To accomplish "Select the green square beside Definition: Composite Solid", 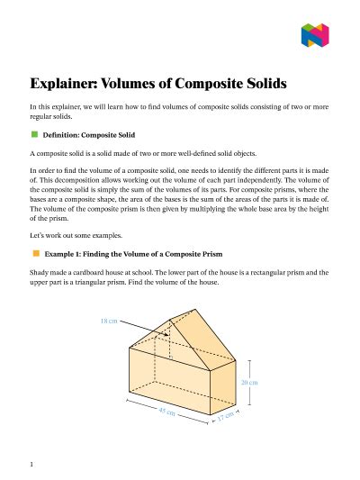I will tap(34, 133).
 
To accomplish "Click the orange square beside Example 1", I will tap(34, 254).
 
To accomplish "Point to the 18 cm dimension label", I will tap(109, 321).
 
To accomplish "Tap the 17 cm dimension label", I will tap(225, 418).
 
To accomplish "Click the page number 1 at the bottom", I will tap(31, 464).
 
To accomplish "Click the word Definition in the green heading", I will tap(61, 134).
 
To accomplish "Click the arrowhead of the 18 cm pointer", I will tap(168, 333).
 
